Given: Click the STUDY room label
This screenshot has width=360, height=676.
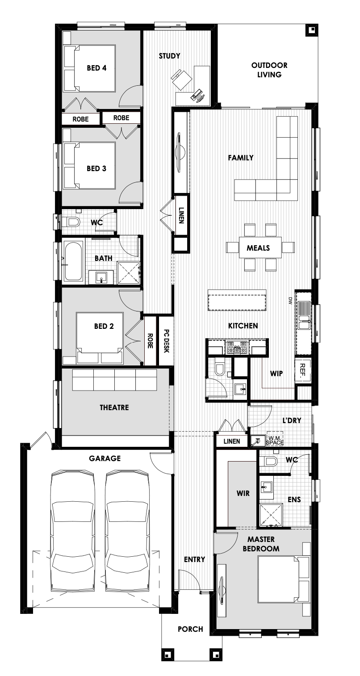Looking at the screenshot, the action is tap(169, 56).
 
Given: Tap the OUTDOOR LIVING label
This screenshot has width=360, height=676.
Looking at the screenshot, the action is tap(269, 70).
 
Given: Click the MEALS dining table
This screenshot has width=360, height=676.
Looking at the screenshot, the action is tap(260, 248).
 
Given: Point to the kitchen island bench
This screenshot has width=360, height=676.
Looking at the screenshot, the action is tap(237, 300).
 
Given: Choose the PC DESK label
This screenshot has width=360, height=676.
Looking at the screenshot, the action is tap(166, 341).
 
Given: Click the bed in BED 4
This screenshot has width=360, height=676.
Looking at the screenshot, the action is tap(89, 68).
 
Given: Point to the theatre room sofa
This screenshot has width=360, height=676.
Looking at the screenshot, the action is tap(114, 380).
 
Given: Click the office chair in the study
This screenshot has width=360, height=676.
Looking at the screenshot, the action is tap(181, 79).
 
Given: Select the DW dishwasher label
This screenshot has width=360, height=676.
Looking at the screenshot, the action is tap(290, 301).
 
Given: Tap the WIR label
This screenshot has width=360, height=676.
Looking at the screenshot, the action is tap(243, 493).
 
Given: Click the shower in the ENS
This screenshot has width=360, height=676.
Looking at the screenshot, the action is tap(271, 515).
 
